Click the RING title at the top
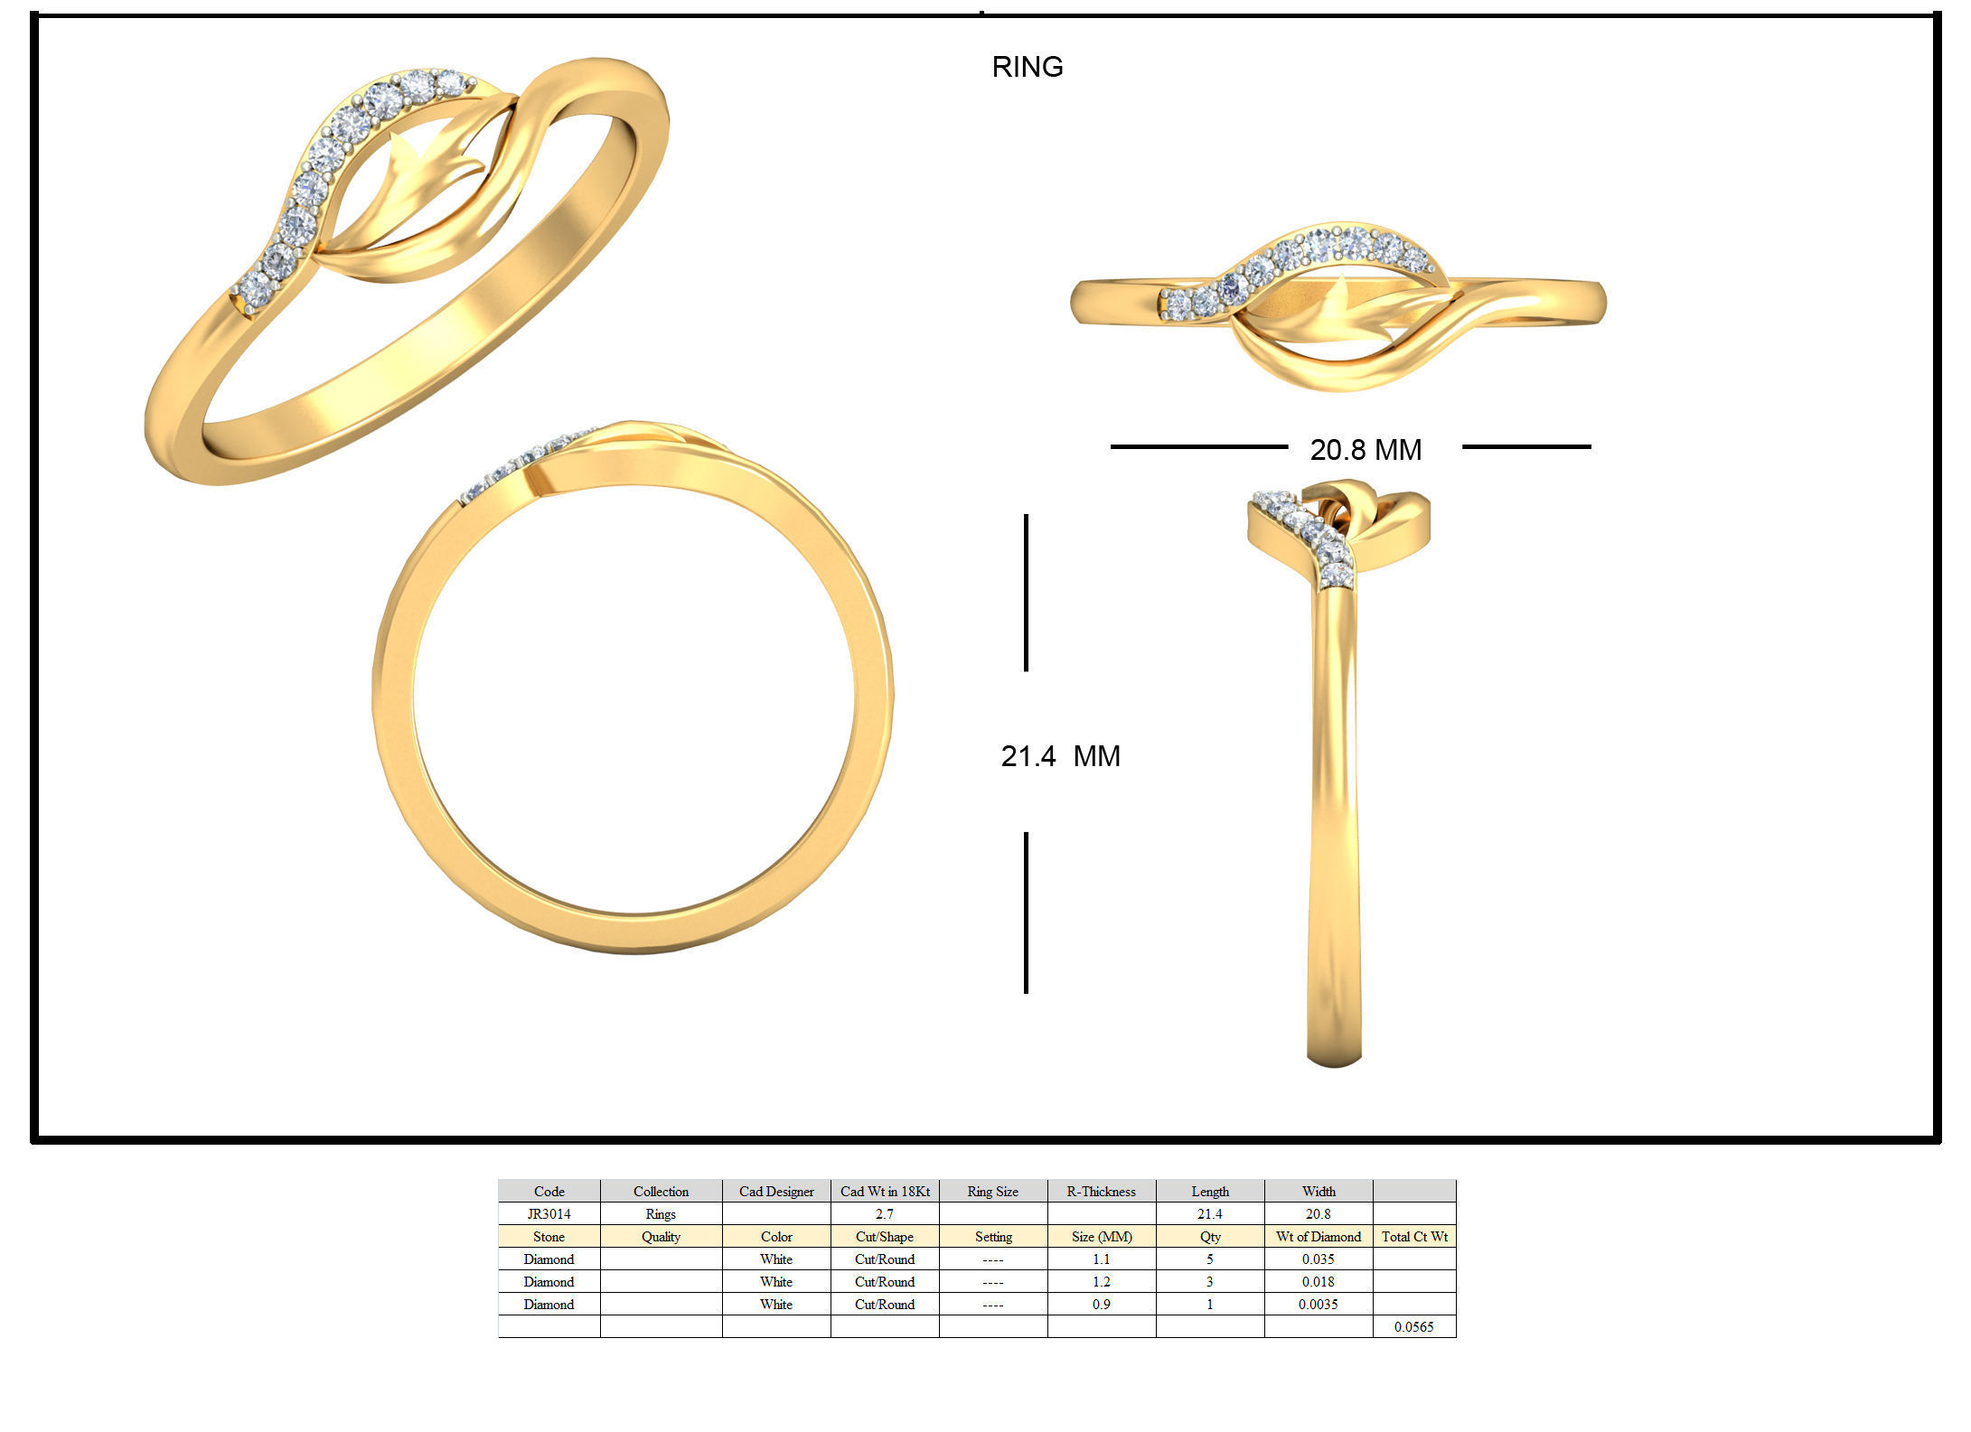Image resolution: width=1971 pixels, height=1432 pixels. (1027, 67)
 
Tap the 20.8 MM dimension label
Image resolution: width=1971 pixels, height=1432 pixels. (1365, 450)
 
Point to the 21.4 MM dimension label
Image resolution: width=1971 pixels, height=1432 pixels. (1060, 756)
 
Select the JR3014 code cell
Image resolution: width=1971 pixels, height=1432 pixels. (549, 1214)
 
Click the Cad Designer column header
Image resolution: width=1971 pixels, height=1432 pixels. (776, 1192)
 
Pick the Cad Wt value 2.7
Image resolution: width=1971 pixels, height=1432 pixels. (885, 1214)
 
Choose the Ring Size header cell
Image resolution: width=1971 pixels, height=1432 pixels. (992, 1192)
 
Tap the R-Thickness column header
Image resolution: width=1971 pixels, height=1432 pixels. (1101, 1192)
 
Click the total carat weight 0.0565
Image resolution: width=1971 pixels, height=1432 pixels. (1413, 1327)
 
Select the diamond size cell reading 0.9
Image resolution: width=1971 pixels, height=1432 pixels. (1101, 1305)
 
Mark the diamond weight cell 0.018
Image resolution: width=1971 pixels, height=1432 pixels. (1318, 1282)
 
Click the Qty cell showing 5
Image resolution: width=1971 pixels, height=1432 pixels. (1209, 1259)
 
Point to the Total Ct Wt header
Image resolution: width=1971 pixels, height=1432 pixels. (1413, 1237)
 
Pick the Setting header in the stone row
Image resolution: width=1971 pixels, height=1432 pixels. (992, 1237)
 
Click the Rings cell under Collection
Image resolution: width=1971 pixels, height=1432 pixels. (661, 1214)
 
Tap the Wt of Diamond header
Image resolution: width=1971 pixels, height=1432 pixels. (1318, 1237)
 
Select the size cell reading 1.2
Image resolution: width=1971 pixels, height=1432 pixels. (1101, 1282)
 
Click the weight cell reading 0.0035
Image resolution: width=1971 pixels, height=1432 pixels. (1318, 1305)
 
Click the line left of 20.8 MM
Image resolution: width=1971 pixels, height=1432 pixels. (1198, 446)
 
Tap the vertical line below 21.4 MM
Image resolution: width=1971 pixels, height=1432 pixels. (1026, 913)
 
